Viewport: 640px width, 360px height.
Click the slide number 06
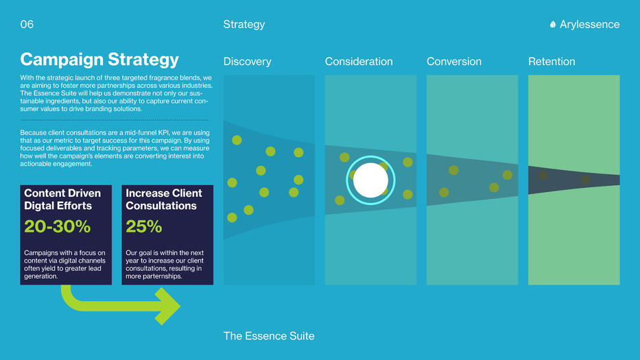(27, 25)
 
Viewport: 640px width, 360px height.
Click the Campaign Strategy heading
(99, 60)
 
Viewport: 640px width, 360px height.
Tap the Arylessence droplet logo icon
(553, 25)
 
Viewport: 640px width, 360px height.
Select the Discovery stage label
(248, 62)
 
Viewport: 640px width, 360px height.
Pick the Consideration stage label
(359, 62)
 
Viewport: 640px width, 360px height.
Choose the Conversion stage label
(454, 62)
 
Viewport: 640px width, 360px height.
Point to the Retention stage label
(552, 62)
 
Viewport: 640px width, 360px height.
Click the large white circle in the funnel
(370, 180)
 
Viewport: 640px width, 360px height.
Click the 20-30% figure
(57, 226)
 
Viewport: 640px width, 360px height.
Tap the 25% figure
(143, 226)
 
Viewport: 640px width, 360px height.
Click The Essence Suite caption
(269, 336)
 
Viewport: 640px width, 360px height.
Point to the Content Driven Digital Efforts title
(62, 199)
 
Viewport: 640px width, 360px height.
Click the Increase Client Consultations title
(164, 199)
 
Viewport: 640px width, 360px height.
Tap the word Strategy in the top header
(244, 25)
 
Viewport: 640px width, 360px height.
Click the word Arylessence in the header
(589, 25)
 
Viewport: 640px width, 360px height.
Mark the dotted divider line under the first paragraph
(115, 121)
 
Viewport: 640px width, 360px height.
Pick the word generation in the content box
(41, 276)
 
